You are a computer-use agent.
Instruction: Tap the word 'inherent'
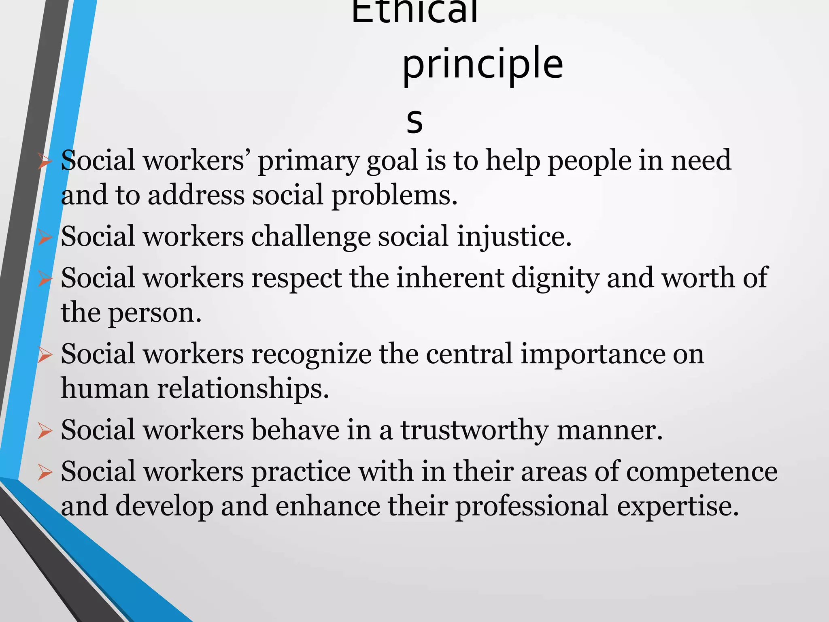[450, 279]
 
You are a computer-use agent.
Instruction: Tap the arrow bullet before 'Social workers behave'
[45, 431]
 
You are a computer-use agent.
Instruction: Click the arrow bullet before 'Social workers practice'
[45, 473]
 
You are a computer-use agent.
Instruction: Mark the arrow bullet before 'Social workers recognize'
[45, 355]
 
